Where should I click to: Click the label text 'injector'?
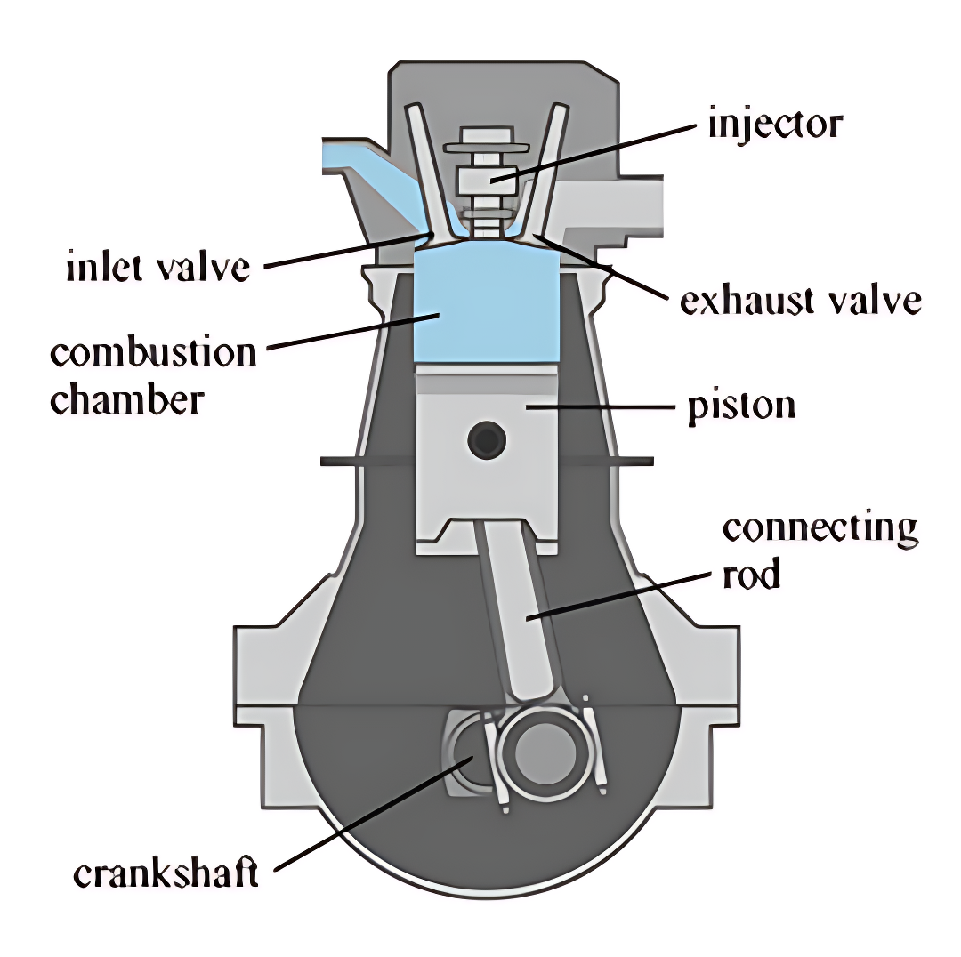(774, 125)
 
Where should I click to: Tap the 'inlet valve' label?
(158, 266)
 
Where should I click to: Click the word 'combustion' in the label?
(153, 353)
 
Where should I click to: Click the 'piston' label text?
(741, 406)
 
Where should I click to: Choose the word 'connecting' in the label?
(820, 528)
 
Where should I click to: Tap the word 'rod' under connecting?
(751, 575)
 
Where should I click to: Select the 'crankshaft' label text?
(166, 873)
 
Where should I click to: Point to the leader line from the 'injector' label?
(596, 151)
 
